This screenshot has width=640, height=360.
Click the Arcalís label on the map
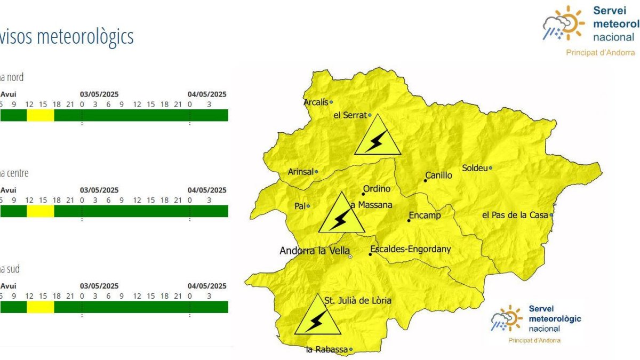click(x=316, y=102)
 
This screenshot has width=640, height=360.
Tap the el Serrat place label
click(x=350, y=115)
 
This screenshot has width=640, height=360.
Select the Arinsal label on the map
click(x=300, y=172)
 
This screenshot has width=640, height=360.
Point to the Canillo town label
click(x=439, y=175)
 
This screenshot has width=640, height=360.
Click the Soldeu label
click(x=475, y=168)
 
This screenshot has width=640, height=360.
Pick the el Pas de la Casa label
click(x=515, y=215)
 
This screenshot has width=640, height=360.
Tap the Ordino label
click(x=377, y=189)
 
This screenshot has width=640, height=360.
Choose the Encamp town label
click(x=425, y=216)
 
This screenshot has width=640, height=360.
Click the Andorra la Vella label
click(x=315, y=251)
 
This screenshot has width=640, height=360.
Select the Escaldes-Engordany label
click(x=411, y=249)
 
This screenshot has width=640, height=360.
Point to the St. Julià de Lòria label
click(x=358, y=301)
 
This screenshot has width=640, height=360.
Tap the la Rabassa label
click(x=326, y=350)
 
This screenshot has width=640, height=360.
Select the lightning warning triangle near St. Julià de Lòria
click(x=318, y=320)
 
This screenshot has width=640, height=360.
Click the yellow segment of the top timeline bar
click(x=41, y=115)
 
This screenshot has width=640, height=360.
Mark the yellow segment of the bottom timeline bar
click(x=41, y=307)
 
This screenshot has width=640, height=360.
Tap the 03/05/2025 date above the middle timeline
click(x=99, y=190)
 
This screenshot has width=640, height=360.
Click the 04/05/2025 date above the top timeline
click(x=207, y=94)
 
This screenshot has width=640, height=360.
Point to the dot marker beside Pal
click(x=308, y=206)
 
